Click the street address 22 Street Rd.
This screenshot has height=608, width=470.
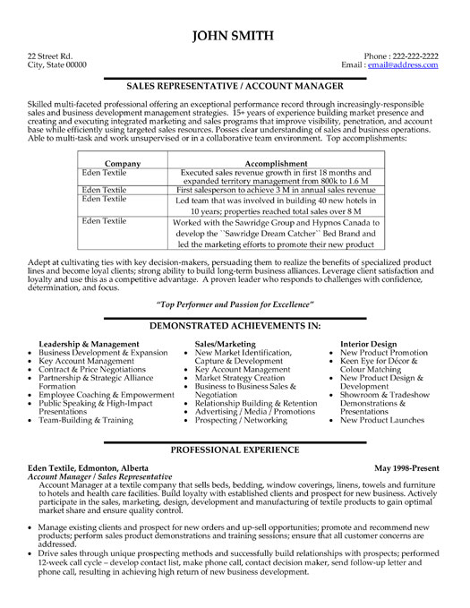[50, 56]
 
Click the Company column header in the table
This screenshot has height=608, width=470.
[122, 139]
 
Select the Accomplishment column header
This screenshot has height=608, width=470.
[275, 139]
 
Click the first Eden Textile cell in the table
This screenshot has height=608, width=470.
[105, 147]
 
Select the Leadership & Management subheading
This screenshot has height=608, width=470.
[89, 344]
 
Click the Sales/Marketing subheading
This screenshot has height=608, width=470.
[225, 344]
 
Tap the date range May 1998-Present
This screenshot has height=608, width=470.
[408, 468]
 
